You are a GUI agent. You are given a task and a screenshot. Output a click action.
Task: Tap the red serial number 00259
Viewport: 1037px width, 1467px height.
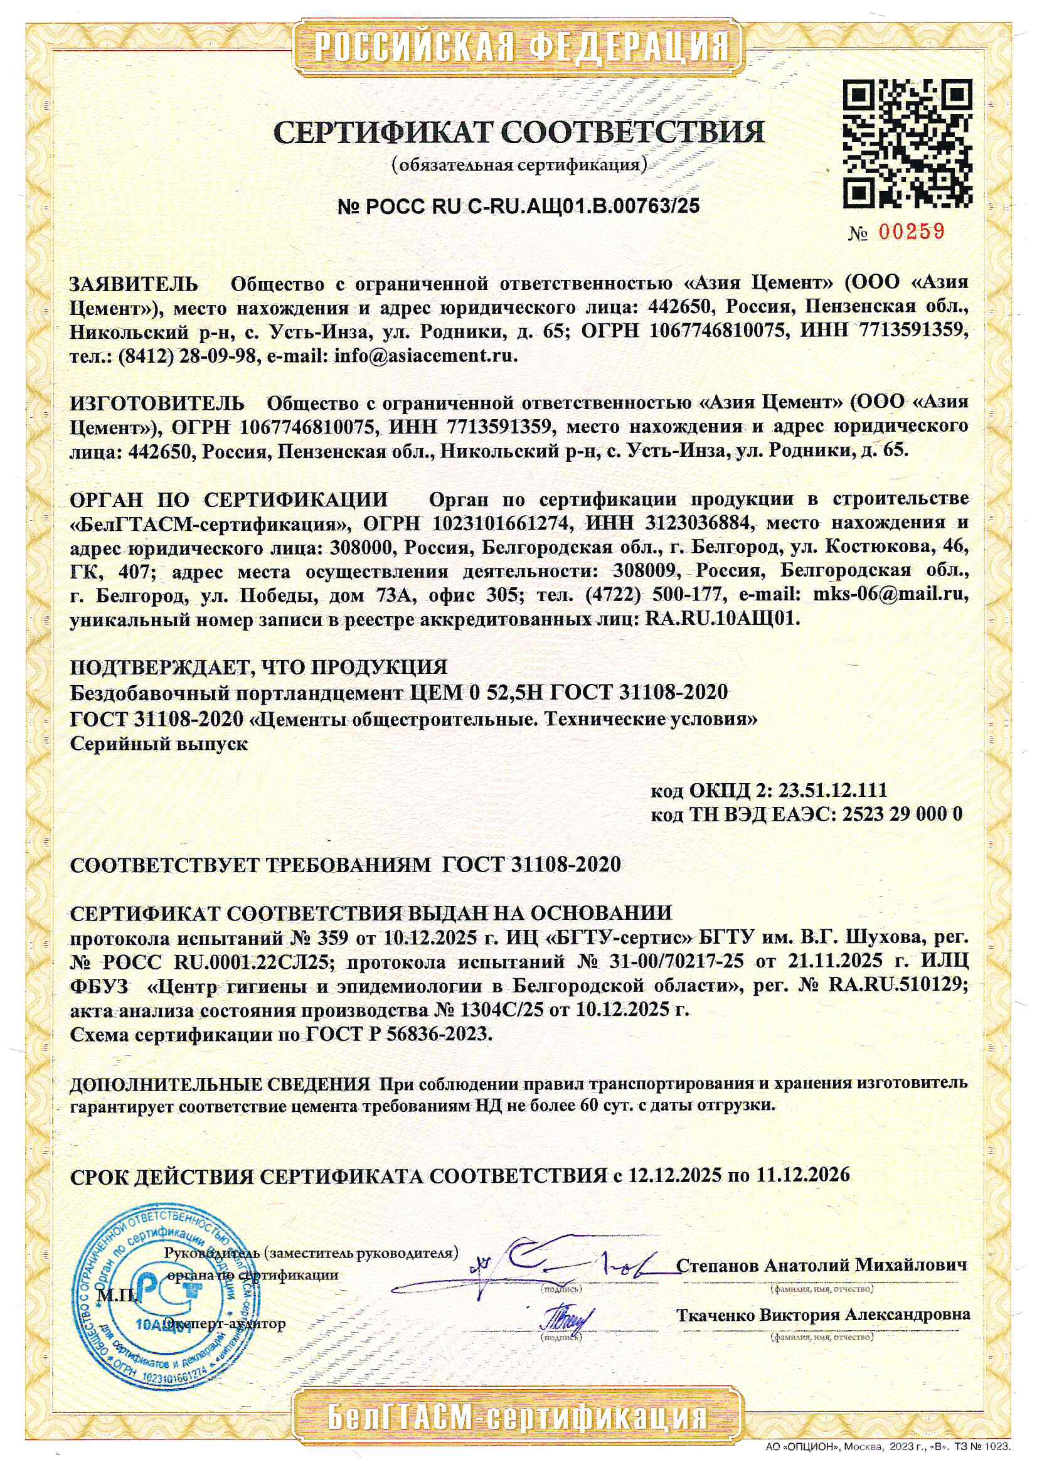click(911, 232)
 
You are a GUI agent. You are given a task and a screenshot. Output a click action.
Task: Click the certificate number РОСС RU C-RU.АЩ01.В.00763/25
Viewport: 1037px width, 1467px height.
click(518, 206)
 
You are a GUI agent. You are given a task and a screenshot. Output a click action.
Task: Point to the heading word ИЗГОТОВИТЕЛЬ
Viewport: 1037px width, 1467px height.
click(157, 403)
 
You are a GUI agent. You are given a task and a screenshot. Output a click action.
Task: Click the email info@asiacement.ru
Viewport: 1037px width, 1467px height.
click(425, 356)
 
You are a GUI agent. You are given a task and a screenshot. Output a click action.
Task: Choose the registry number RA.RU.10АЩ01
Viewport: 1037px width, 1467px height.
click(723, 619)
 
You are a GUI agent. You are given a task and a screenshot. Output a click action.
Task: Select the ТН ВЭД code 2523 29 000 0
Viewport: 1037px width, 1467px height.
click(902, 814)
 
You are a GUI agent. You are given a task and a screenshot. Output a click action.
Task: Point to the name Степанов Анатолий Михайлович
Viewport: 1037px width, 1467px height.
click(821, 1264)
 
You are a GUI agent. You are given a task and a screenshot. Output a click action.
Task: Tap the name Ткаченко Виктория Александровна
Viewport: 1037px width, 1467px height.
click(823, 1315)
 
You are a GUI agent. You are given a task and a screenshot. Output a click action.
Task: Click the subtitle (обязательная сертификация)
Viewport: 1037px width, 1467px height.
click(518, 166)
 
